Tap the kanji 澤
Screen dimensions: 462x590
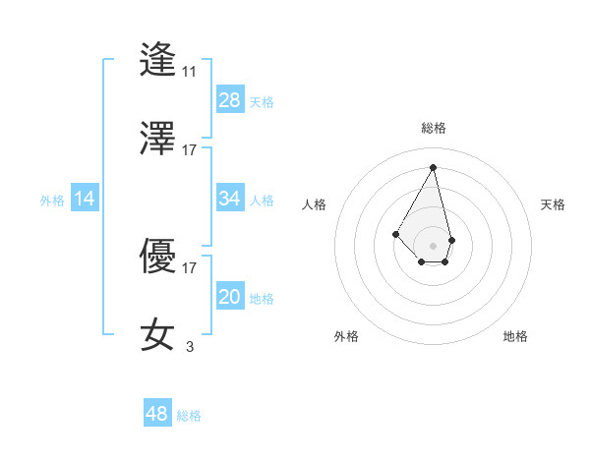(158, 138)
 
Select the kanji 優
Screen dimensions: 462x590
(158, 256)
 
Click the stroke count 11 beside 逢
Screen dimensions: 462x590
(189, 72)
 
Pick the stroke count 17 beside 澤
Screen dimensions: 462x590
(189, 150)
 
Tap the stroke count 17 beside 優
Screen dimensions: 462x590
(189, 267)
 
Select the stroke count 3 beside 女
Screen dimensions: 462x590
(189, 346)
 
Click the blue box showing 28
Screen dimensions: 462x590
(230, 100)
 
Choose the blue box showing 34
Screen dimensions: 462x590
(230, 199)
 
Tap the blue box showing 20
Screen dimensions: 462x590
(230, 297)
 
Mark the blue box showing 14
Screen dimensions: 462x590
(85, 199)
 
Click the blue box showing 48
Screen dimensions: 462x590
(157, 414)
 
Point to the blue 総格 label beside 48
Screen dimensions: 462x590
(189, 416)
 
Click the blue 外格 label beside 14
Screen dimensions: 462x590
(52, 201)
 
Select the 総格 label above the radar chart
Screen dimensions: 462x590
(434, 128)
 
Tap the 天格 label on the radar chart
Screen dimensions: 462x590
(554, 204)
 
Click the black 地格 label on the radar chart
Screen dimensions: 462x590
(515, 336)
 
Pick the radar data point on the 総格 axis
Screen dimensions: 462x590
(433, 167)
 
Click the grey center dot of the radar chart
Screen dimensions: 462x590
(433, 245)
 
